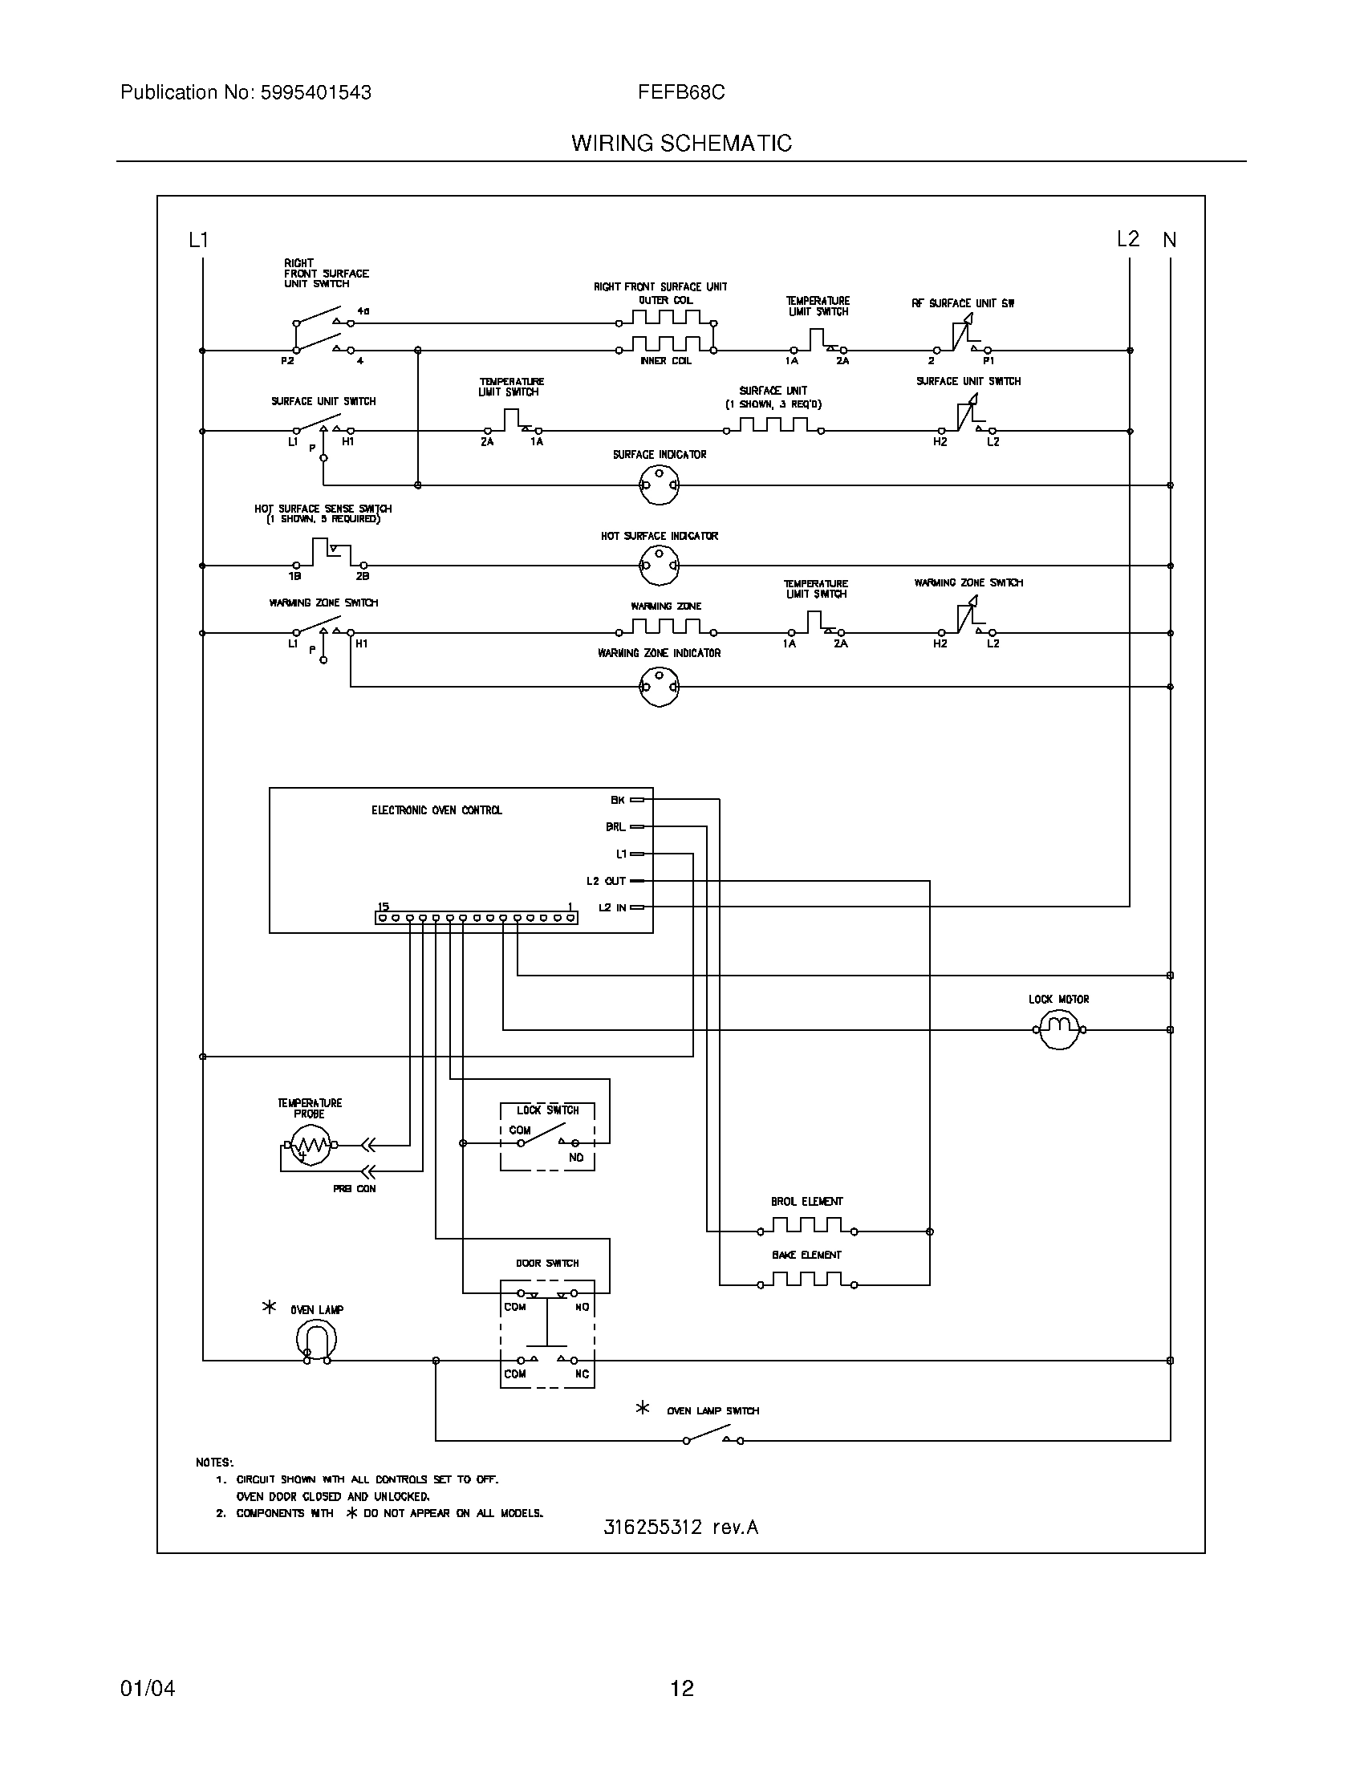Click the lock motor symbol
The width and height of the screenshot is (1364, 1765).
coord(1058,1029)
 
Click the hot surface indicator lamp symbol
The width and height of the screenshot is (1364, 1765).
coord(660,565)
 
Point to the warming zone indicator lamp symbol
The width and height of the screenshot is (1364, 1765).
coord(660,687)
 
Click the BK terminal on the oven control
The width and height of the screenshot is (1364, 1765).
coord(637,800)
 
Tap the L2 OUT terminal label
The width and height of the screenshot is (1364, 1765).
coord(606,881)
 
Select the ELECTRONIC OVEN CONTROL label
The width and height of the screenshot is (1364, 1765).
coord(436,810)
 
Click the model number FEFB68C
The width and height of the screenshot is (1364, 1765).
coord(681,93)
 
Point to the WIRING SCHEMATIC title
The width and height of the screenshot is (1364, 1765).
coord(681,144)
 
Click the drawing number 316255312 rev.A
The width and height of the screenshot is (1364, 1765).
coord(681,1528)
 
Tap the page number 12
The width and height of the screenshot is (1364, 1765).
coord(682,1689)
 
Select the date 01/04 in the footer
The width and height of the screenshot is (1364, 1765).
coord(148,1689)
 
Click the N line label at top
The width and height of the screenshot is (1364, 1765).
coord(1169,240)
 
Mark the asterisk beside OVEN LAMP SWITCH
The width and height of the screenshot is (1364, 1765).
coord(643,1409)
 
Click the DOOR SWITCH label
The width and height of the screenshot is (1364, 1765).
coord(547,1263)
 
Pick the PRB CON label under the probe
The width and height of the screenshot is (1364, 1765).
coord(354,1189)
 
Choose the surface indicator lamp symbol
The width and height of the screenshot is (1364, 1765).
coord(660,485)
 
